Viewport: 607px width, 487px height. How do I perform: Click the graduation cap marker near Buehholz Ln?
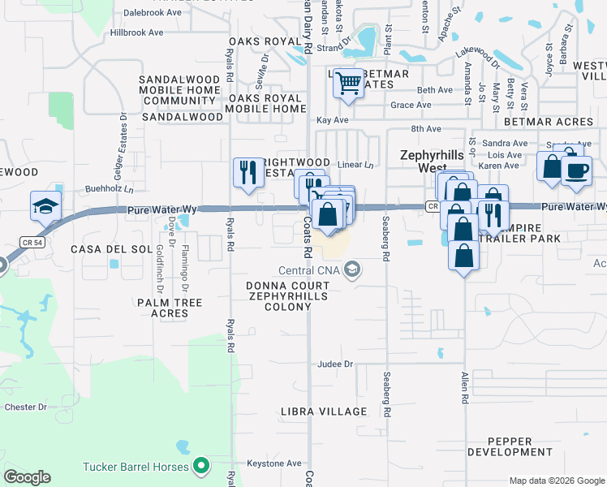point(45,206)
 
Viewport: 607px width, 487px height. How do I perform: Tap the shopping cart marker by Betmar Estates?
point(349,83)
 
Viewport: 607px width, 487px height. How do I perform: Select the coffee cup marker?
point(576,170)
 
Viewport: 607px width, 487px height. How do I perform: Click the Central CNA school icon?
point(352,269)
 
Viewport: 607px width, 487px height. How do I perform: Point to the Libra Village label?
point(324,412)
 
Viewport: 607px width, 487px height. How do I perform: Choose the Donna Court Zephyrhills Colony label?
point(291,291)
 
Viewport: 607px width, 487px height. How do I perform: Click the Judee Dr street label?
point(336,364)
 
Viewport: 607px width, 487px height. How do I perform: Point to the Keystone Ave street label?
point(274,463)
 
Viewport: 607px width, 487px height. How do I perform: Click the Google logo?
point(27,477)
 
